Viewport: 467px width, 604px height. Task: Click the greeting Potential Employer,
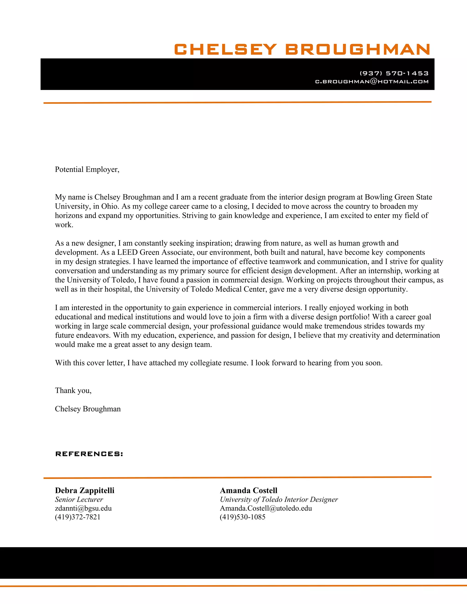pyautogui.click(x=87, y=169)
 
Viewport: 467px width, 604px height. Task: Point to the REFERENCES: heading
pyautogui.click(x=89, y=454)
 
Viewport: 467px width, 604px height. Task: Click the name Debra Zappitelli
pyautogui.click(x=85, y=490)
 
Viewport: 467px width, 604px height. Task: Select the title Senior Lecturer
pyautogui.click(x=79, y=499)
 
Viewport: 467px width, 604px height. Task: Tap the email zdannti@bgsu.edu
pyautogui.click(x=83, y=508)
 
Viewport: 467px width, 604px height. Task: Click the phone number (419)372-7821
pyautogui.click(x=78, y=517)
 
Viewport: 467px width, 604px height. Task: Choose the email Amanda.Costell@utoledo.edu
pyautogui.click(x=266, y=508)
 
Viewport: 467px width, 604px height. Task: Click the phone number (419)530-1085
pyautogui.click(x=242, y=517)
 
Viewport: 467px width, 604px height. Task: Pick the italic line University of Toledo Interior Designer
pyautogui.click(x=279, y=499)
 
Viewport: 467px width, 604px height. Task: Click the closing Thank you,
pyautogui.click(x=73, y=390)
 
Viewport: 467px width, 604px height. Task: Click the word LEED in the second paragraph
pyautogui.click(x=127, y=252)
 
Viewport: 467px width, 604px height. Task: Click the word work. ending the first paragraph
pyautogui.click(x=64, y=225)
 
